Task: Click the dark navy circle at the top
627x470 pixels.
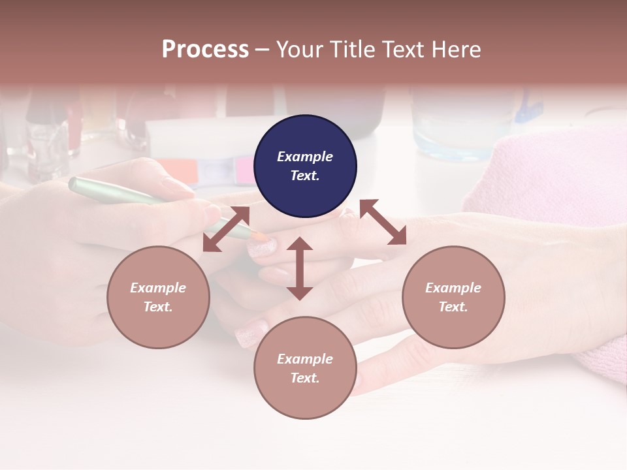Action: click(x=305, y=166)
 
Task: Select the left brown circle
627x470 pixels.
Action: click(x=158, y=297)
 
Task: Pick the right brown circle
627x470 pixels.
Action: click(x=453, y=297)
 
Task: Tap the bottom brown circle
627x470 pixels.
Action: click(x=305, y=368)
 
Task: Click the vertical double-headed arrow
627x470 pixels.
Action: click(x=300, y=268)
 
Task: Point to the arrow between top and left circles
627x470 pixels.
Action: click(x=226, y=229)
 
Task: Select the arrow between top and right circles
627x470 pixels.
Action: click(x=383, y=222)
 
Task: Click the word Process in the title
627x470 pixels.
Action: click(x=205, y=50)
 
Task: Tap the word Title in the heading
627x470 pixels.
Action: click(x=353, y=50)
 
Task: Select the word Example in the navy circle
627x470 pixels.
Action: click(x=305, y=157)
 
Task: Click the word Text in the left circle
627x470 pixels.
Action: click(x=157, y=307)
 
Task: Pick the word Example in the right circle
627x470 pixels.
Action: click(x=453, y=288)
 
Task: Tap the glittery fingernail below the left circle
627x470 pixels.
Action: click(x=251, y=336)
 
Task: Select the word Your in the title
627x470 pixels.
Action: click(x=298, y=50)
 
